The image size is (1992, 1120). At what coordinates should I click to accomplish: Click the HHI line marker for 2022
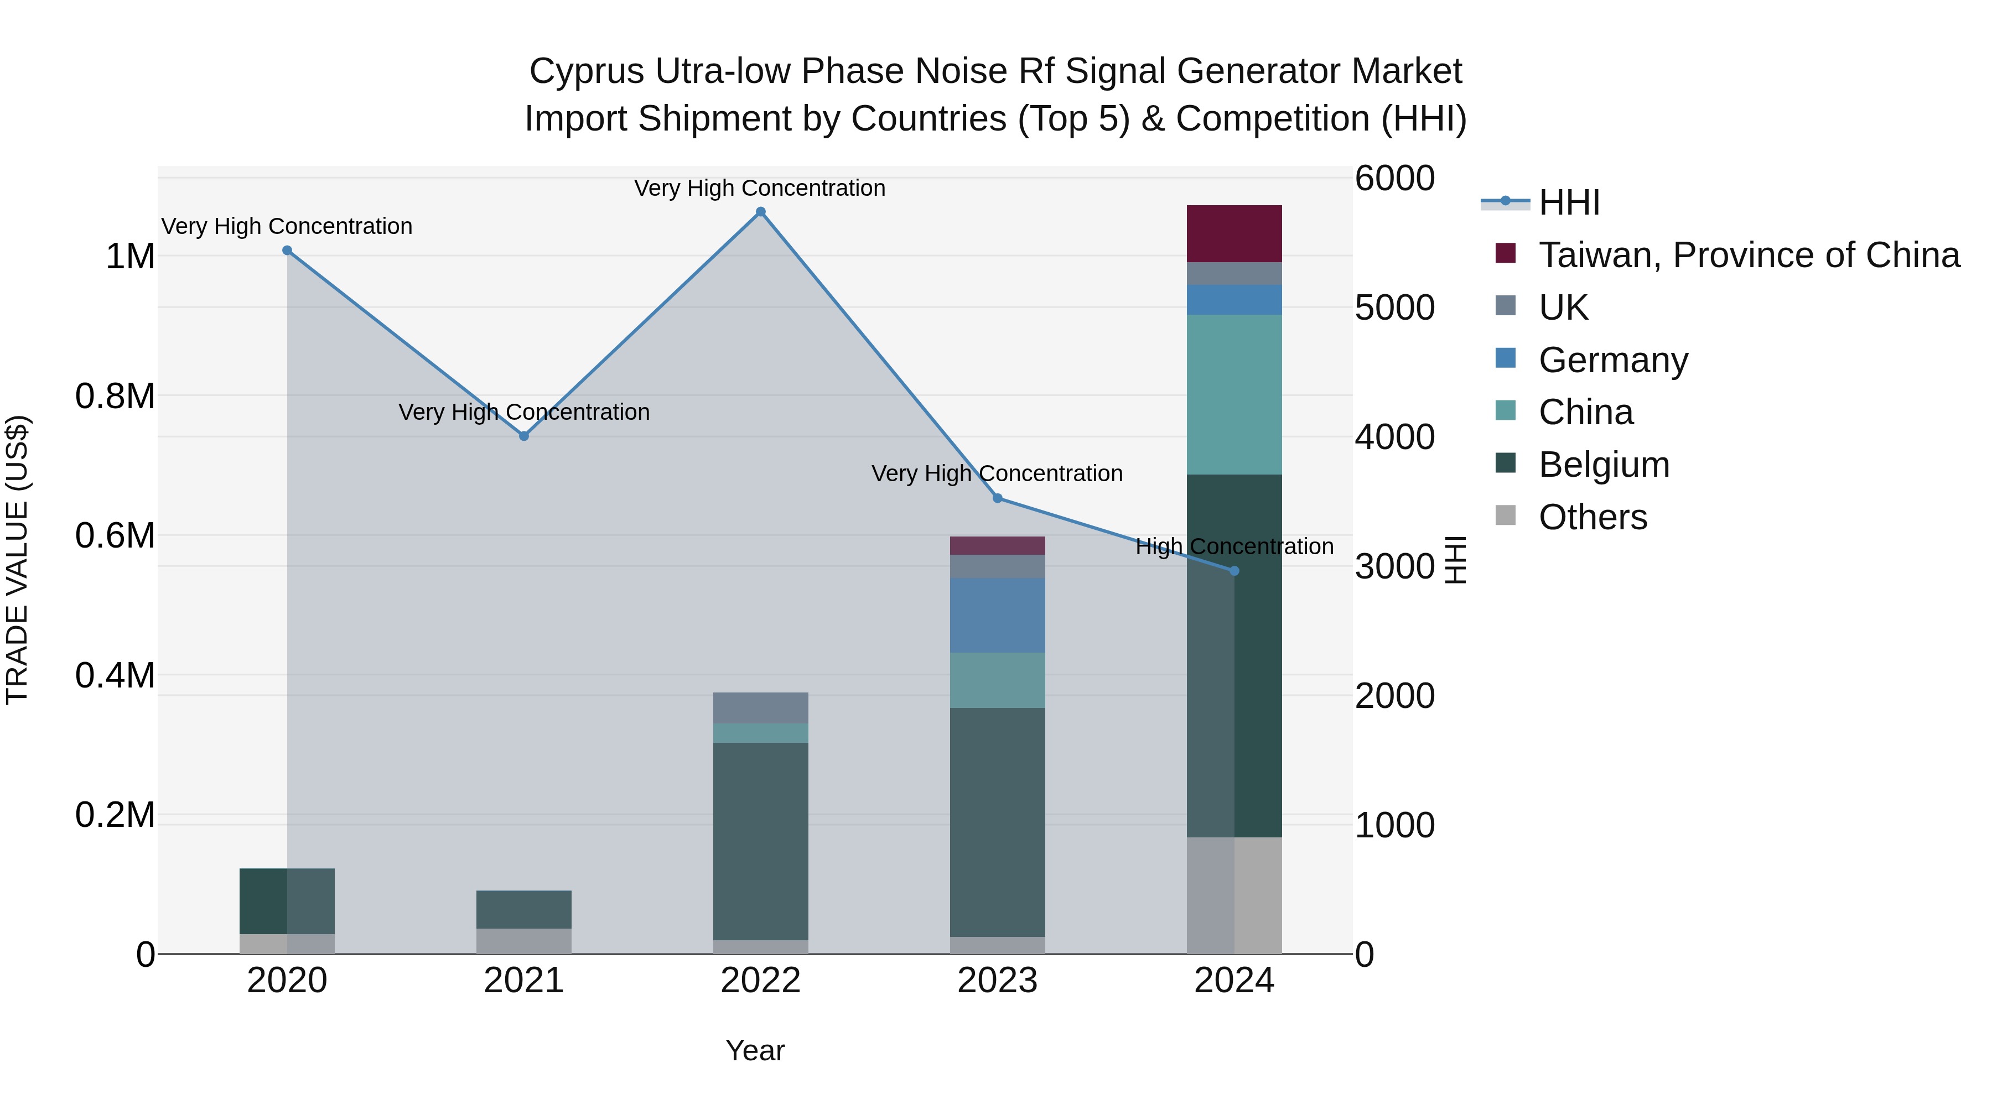tap(760, 212)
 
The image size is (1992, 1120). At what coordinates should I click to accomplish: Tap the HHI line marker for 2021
tap(523, 436)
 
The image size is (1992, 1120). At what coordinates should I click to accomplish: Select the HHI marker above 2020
tap(287, 251)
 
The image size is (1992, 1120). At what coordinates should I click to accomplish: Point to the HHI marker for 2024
tap(1234, 571)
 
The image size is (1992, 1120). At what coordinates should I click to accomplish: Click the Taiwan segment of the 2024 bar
tap(1234, 233)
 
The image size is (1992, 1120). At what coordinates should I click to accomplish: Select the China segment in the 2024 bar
tap(1234, 394)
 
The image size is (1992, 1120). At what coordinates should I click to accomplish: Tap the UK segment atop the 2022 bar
tap(760, 707)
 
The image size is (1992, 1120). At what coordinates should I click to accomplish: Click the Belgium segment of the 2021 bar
tap(523, 909)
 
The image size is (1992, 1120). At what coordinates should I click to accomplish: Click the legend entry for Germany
tap(1612, 360)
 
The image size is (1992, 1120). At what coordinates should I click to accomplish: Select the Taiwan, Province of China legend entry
tap(1747, 255)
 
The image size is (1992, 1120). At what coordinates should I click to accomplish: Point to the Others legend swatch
tap(1505, 515)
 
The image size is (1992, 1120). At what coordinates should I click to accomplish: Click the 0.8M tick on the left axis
tap(115, 396)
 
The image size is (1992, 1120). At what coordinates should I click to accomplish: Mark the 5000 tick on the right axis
tap(1395, 308)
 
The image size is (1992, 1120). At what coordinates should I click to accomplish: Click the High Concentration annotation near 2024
tap(1234, 546)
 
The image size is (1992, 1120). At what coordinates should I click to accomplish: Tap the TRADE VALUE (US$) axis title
tap(17, 560)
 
